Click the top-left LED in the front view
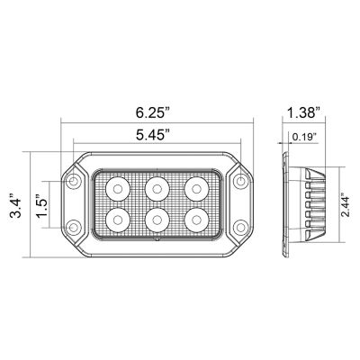pos(117,187)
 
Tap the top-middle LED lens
pos(157,187)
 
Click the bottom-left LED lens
pos(117,219)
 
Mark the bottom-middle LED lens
pos(157,219)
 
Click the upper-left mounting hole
pos(73,183)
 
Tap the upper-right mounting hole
pos(240,183)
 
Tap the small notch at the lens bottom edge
pos(157,241)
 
